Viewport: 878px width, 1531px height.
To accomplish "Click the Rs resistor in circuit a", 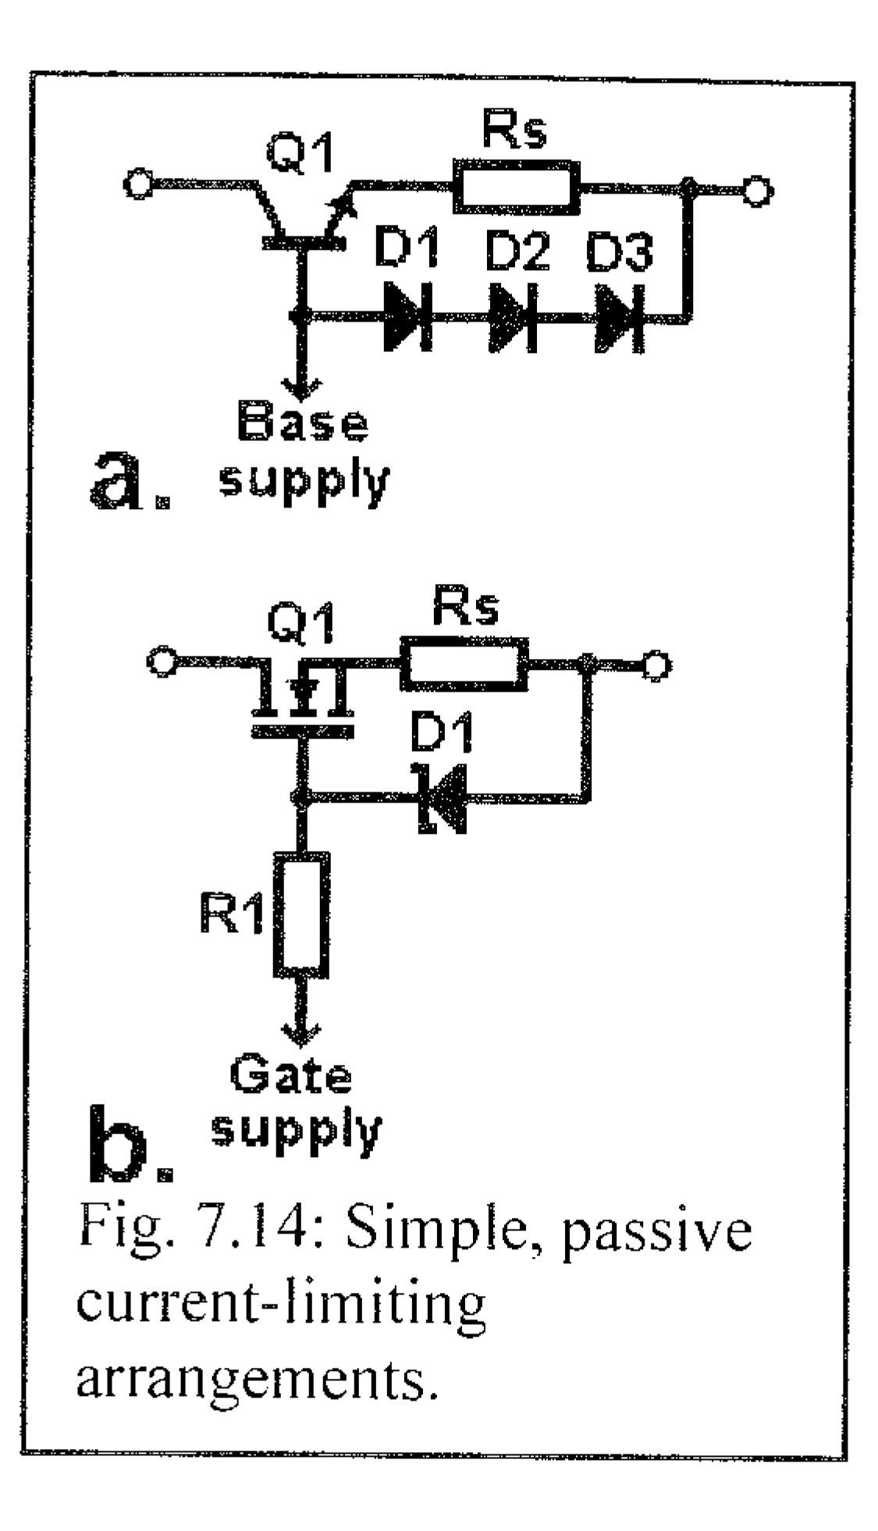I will (517, 187).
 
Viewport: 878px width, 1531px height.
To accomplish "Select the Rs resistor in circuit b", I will (464, 664).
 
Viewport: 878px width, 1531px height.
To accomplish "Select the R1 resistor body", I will (302, 914).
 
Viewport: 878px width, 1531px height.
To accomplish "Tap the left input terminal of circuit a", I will (139, 186).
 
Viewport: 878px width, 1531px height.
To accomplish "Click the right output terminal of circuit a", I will (755, 190).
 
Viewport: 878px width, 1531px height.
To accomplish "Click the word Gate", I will (290, 1077).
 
